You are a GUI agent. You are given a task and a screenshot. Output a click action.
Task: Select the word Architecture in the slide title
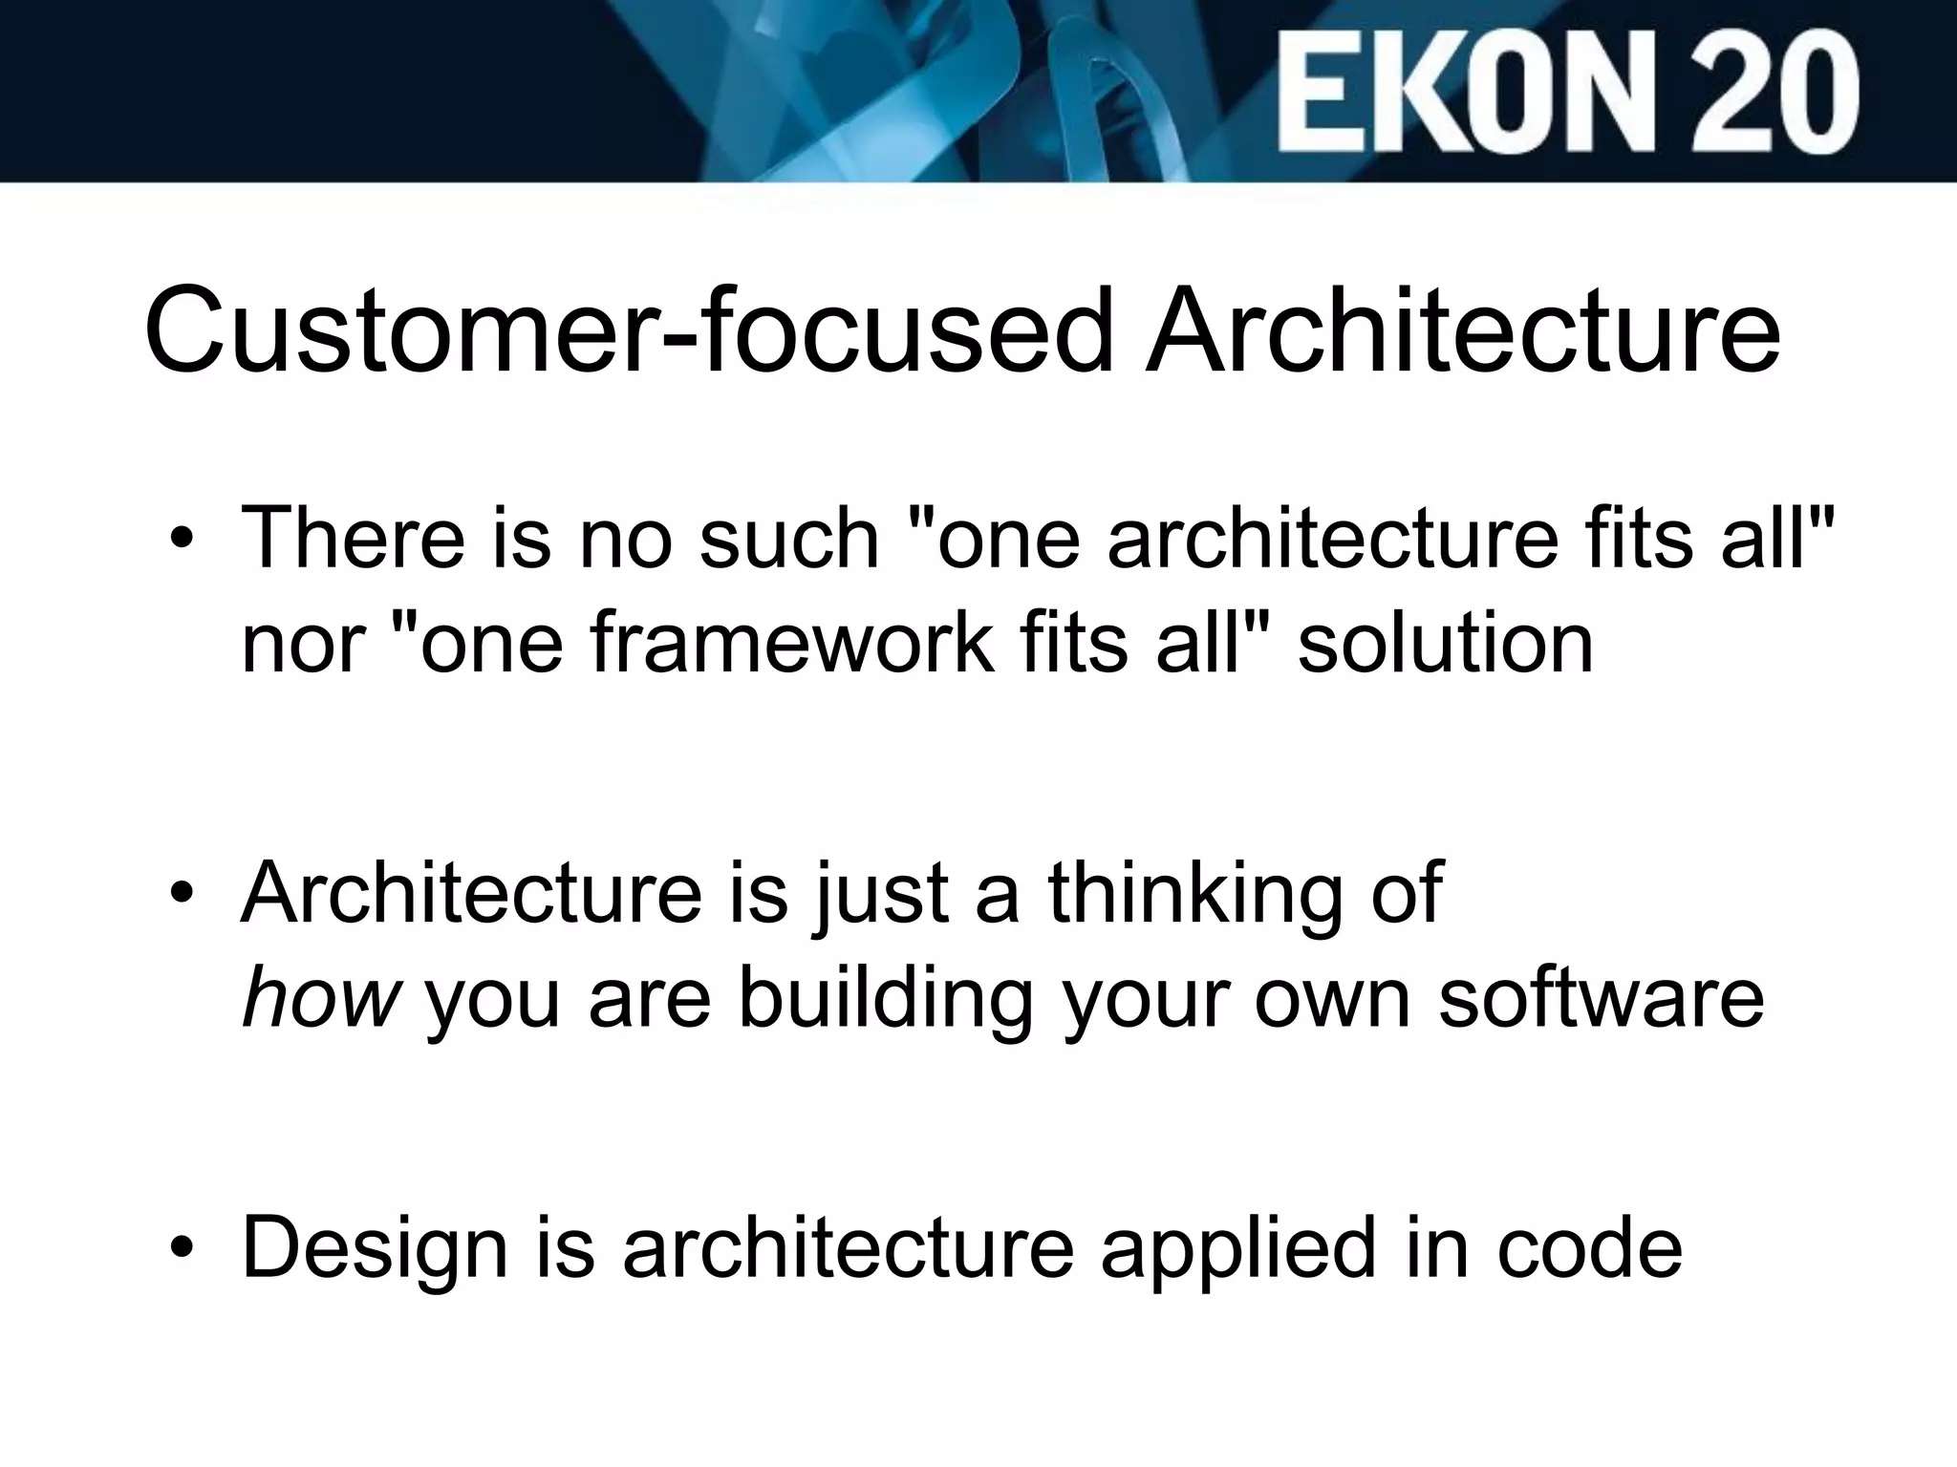(x=1462, y=330)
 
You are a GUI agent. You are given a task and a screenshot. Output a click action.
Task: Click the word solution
(x=1445, y=642)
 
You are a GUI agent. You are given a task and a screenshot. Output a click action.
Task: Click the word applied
(x=1237, y=1247)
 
